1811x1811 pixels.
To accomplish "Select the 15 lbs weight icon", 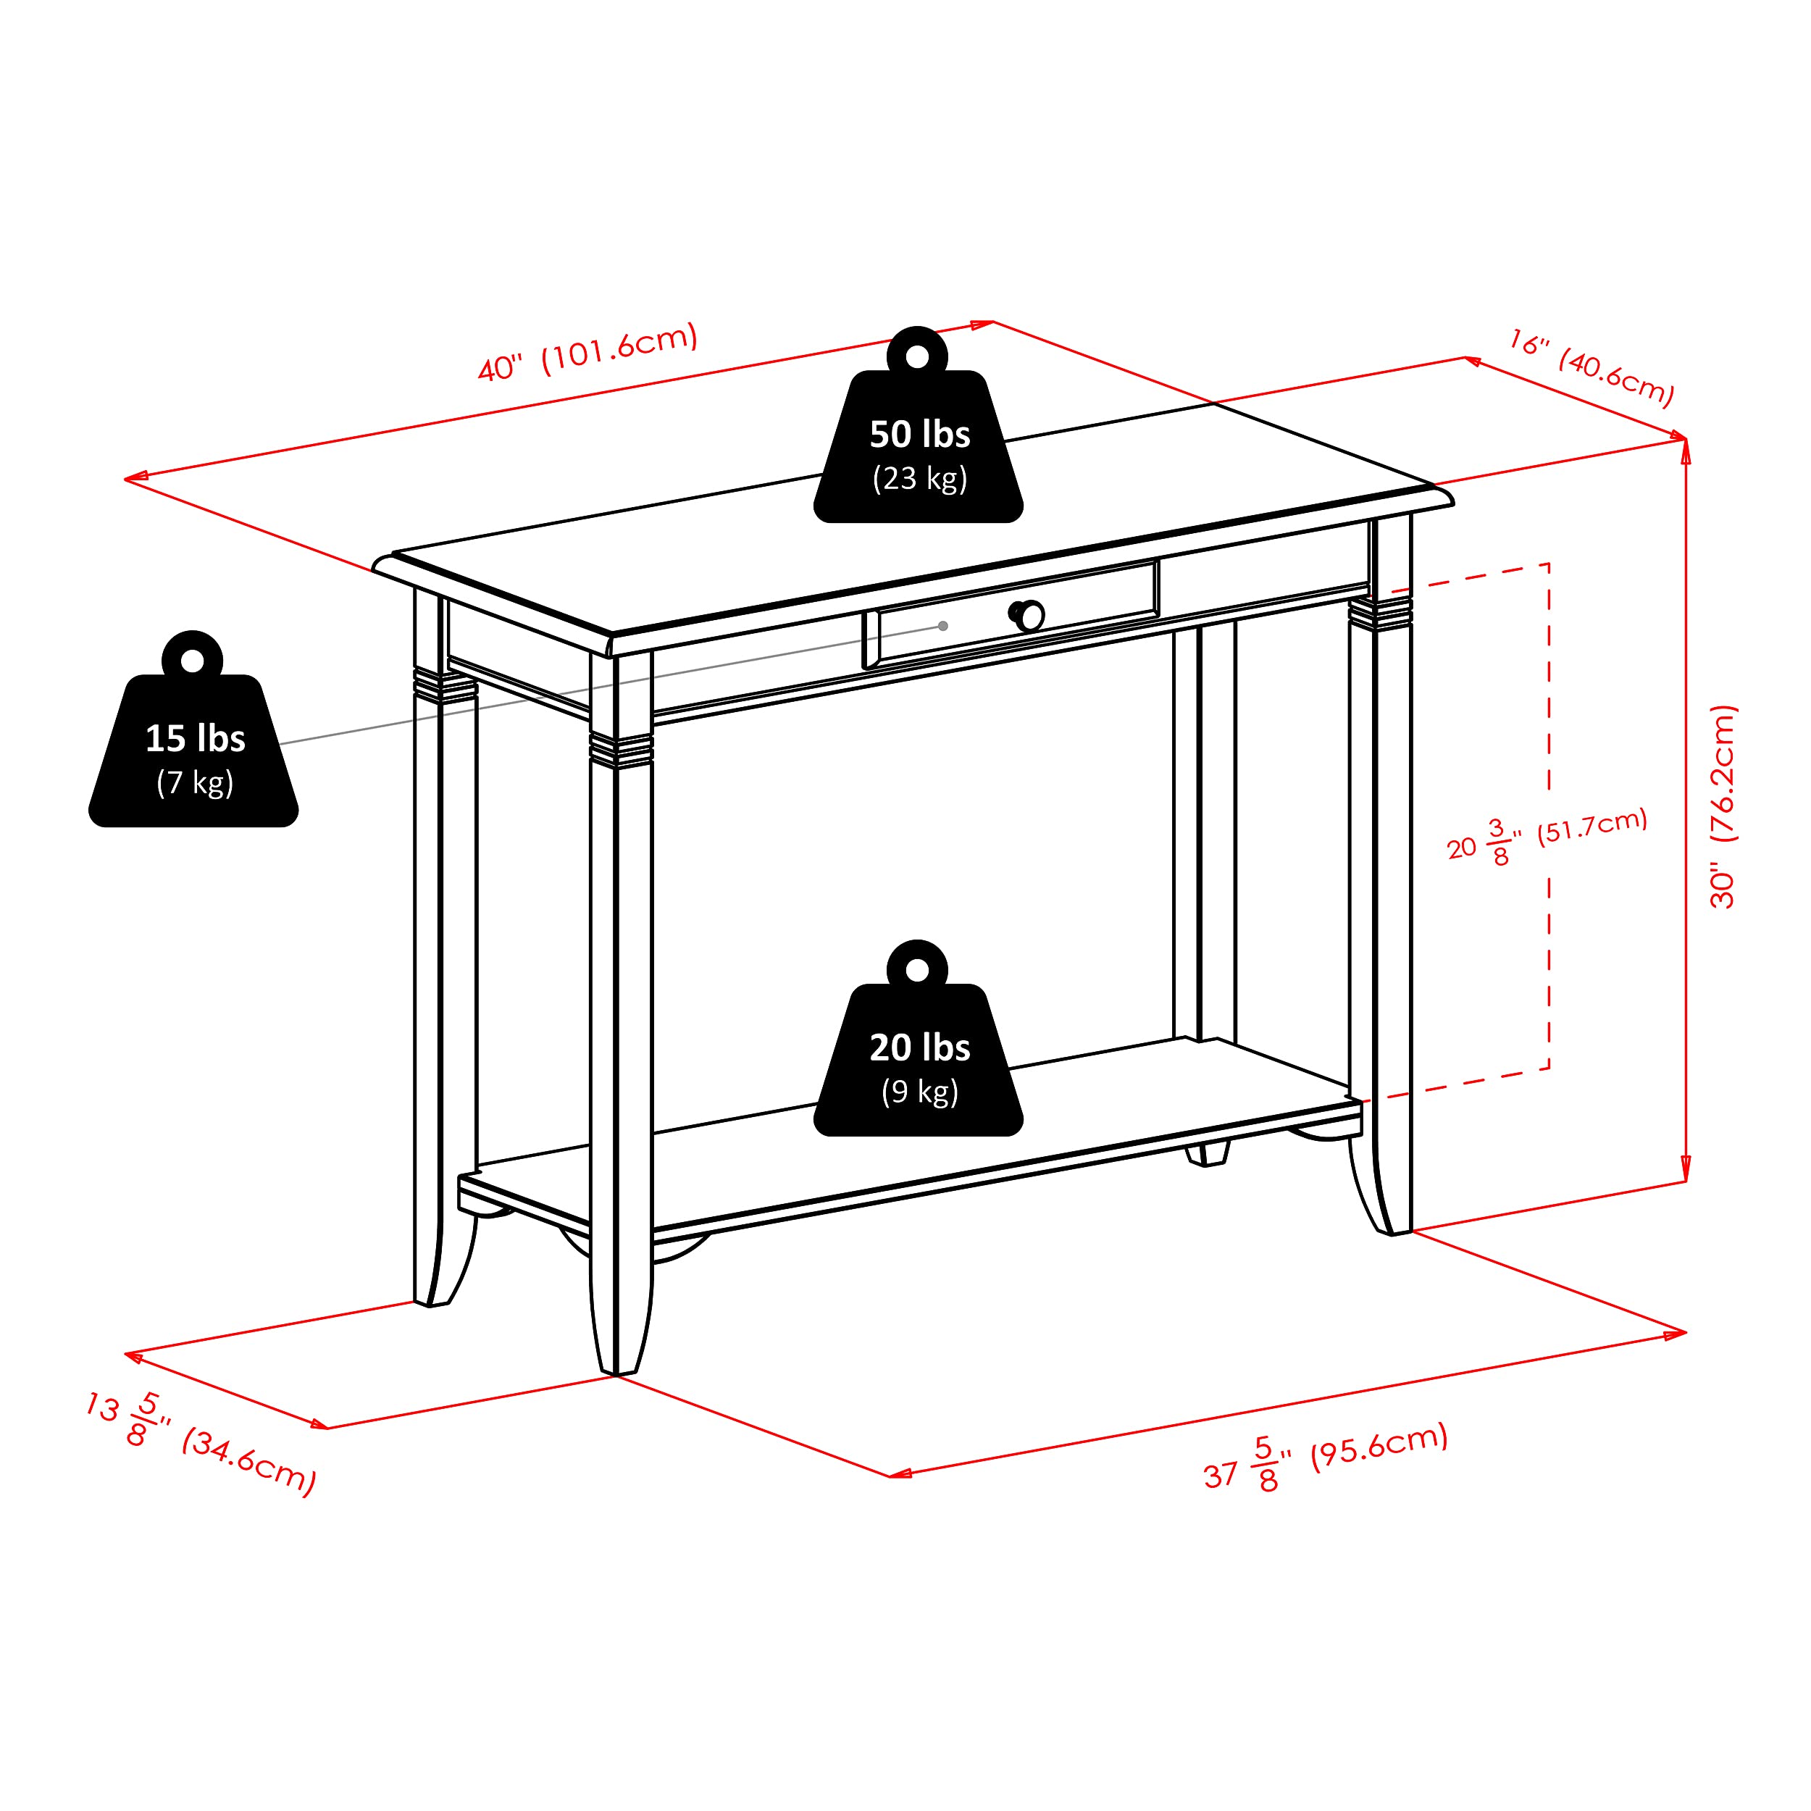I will pyautogui.click(x=193, y=740).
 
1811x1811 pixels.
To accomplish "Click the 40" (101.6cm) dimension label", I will pyautogui.click(x=587, y=351).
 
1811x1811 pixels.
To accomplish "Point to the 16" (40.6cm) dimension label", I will pyautogui.click(x=1591, y=367).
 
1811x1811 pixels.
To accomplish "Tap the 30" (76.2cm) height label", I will pyautogui.click(x=1723, y=806).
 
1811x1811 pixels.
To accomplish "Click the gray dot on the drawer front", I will pyautogui.click(x=943, y=626).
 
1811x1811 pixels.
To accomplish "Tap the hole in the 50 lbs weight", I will pyautogui.click(x=918, y=356).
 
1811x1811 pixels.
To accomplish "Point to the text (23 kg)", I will pyautogui.click(x=919, y=478).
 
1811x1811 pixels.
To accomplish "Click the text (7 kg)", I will pyautogui.click(x=195, y=782).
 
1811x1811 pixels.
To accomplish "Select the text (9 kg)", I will pyautogui.click(x=919, y=1091).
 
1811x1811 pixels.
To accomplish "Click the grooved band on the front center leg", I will pyautogui.click(x=621, y=750).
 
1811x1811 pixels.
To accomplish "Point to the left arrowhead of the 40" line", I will pyautogui.click(x=134, y=478).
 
